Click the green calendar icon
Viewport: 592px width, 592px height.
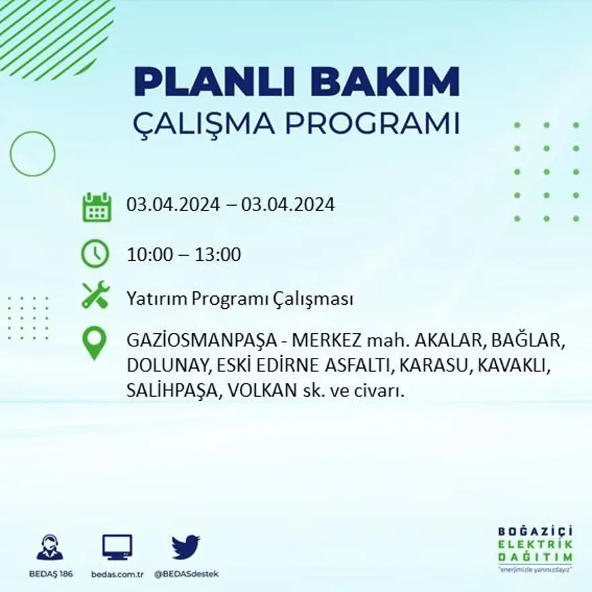coord(97,207)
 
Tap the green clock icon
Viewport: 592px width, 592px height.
coord(95,254)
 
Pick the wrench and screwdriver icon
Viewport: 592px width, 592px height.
coord(95,295)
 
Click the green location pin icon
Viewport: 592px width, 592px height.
coord(94,342)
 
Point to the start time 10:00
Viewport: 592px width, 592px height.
coord(150,255)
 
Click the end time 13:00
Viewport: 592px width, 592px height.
coord(217,255)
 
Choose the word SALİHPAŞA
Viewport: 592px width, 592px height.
coord(170,390)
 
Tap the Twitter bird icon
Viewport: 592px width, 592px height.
coord(186,547)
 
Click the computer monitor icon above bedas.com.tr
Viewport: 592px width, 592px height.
coord(117,547)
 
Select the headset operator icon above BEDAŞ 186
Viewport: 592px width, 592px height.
coord(50,548)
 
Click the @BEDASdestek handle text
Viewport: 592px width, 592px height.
coord(186,574)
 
